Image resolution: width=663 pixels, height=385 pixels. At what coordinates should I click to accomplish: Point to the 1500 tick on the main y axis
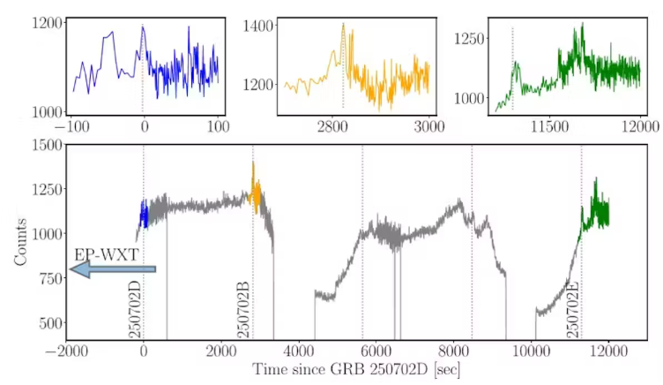(43, 144)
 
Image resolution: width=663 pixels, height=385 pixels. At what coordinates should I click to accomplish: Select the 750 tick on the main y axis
(47, 278)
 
